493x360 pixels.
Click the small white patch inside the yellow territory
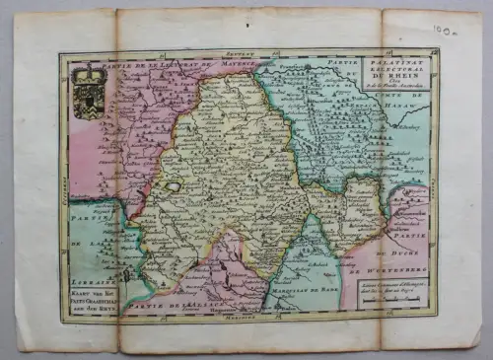tap(174, 185)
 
